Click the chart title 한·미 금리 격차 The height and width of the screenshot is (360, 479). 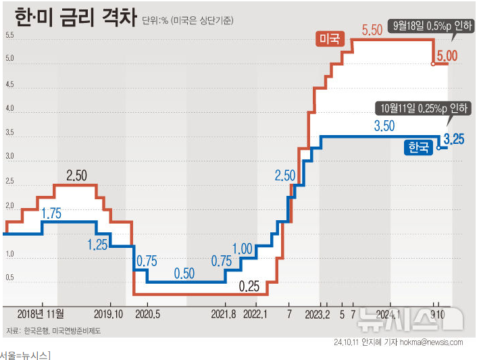click(76, 17)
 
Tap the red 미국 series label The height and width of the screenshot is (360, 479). click(330, 38)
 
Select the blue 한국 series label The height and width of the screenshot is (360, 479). click(418, 147)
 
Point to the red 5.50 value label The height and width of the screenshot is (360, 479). click(372, 30)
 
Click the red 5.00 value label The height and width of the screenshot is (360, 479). click(447, 56)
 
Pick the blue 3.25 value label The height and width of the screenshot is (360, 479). click(454, 139)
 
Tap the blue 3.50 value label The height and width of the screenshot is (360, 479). click(384, 126)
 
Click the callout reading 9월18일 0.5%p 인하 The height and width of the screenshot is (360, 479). click(431, 26)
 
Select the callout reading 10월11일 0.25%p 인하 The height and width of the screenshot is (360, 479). click(424, 108)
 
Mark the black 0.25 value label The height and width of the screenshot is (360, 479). click(249, 286)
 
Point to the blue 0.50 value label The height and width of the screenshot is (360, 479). click(184, 274)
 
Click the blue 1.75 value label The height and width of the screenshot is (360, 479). click(51, 213)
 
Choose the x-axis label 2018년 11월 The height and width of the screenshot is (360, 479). click(41, 314)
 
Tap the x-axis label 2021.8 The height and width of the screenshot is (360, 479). click(224, 314)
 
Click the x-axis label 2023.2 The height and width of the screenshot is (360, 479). click(318, 314)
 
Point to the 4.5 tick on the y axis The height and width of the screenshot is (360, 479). click(9, 84)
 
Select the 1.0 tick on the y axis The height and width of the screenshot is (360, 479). click(9, 254)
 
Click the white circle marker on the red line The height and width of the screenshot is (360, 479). click(433, 64)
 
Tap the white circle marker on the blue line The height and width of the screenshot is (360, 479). click(438, 148)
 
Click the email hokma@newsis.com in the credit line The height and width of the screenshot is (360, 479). click(431, 342)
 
